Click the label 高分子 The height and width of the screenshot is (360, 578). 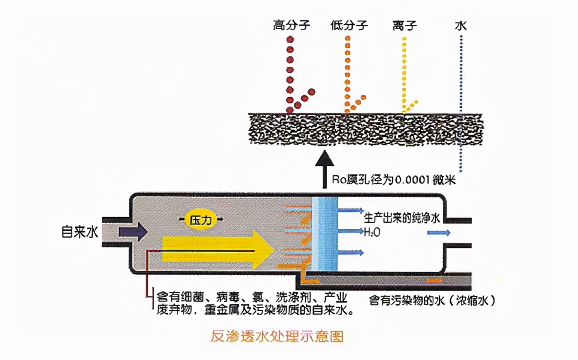point(292,25)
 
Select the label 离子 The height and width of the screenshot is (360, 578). point(404,25)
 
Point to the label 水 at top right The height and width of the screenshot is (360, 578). point(461,25)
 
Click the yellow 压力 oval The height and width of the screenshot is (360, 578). point(202,220)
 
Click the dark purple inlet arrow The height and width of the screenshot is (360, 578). point(132,232)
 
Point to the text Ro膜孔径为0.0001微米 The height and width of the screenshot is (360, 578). point(393,180)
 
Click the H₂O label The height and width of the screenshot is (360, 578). point(372,232)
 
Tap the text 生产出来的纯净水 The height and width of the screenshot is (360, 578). point(402,218)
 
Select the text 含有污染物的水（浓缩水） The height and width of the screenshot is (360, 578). point(433,300)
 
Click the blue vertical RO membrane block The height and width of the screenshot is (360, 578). point(325,234)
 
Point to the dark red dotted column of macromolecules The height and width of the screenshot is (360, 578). point(290,73)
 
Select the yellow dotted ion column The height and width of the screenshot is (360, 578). point(404,73)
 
